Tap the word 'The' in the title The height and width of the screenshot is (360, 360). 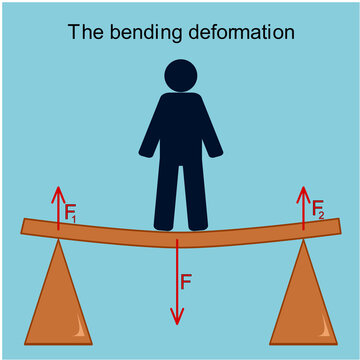pos(84,32)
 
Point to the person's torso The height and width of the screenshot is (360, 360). pos(181,130)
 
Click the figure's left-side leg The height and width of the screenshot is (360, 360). pos(166,195)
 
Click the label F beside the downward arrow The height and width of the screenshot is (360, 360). pos(186,282)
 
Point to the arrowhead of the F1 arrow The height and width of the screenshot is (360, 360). pos(59,193)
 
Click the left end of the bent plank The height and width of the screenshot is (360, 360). pos(27,228)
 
